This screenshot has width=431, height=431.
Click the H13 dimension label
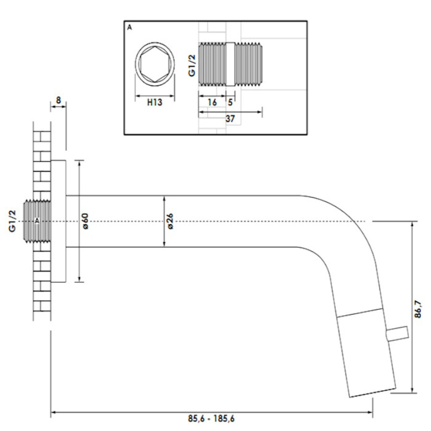(x=154, y=102)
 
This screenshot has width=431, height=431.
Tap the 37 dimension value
(x=230, y=119)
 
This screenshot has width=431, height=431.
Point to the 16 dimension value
(x=212, y=102)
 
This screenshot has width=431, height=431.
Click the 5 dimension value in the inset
(x=230, y=102)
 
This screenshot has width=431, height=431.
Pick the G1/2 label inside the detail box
(x=191, y=66)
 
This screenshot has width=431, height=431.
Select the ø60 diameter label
(x=86, y=221)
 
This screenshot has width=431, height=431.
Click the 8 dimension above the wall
(x=58, y=100)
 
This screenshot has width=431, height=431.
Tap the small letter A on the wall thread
(x=37, y=221)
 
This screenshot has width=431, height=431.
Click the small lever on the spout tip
(x=397, y=333)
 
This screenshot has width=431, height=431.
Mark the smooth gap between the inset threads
(x=230, y=65)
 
